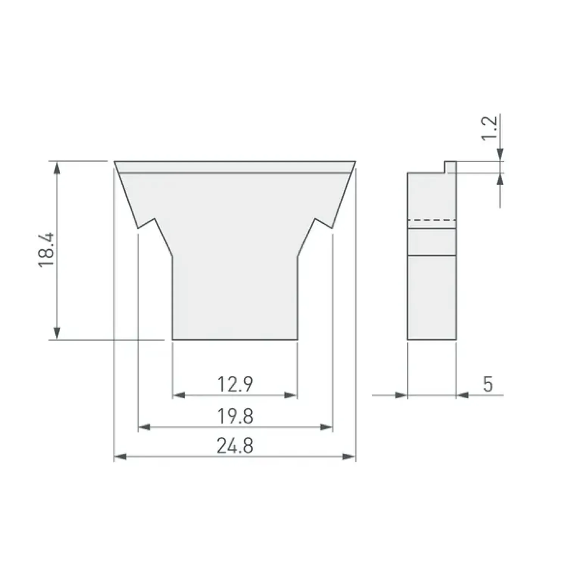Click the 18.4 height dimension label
(47, 250)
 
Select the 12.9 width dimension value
(235, 384)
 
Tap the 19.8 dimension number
(235, 416)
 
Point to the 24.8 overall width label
(235, 446)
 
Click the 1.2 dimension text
(489, 128)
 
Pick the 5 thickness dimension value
(488, 384)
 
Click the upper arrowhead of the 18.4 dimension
(57, 168)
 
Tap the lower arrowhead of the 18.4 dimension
(57, 333)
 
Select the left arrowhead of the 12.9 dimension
(179, 395)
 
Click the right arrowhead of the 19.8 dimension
(326, 427)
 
